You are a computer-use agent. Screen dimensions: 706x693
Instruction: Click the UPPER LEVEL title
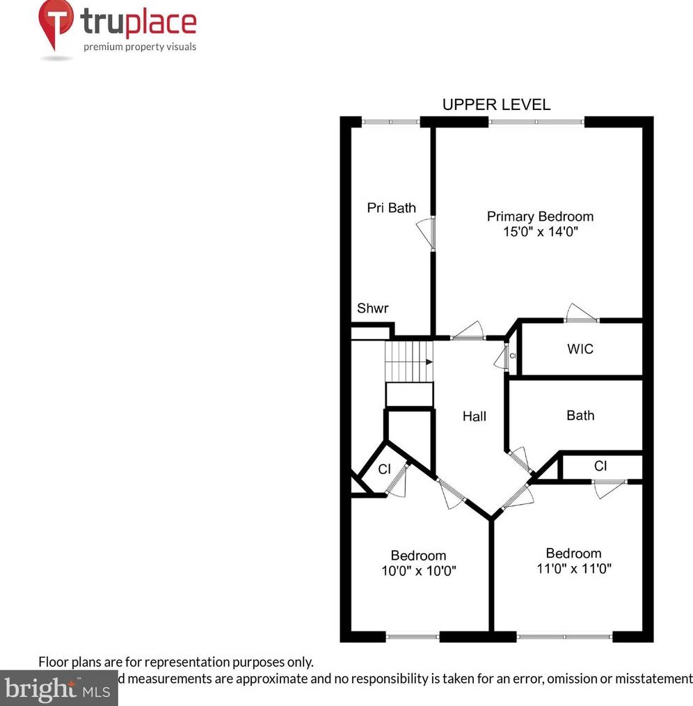496,104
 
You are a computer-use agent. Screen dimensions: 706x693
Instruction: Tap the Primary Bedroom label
540,216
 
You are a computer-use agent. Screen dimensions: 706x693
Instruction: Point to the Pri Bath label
392,207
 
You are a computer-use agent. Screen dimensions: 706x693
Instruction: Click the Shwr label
372,308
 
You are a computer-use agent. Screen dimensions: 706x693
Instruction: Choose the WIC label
580,349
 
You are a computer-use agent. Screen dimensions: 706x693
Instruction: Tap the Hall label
475,416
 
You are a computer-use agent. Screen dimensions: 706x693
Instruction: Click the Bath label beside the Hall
580,416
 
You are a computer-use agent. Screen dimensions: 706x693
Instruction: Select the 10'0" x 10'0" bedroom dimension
418,571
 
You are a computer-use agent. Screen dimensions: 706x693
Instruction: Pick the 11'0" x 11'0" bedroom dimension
573,568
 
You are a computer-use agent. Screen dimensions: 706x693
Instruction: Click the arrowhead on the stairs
429,361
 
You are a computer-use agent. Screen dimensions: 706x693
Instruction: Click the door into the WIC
581,315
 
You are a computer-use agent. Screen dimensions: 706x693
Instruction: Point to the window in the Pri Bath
390,122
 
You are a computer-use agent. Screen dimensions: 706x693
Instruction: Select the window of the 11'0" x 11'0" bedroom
565,636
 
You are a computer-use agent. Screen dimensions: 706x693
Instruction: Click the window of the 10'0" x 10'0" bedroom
413,636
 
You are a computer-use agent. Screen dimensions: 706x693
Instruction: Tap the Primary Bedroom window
536,122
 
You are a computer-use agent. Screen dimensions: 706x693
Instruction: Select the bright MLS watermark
58,689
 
